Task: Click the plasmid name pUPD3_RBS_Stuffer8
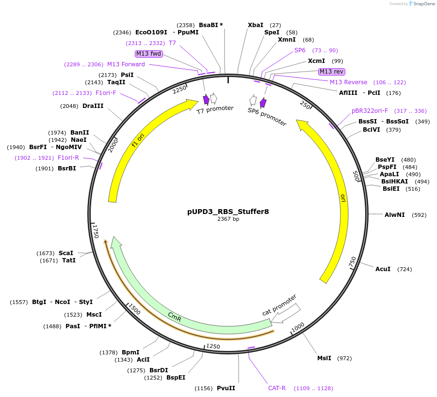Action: (x=228, y=212)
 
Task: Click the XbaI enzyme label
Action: (x=256, y=25)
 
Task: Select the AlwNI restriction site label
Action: (x=394, y=214)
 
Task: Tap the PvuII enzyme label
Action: (x=226, y=388)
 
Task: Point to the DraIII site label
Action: (x=93, y=106)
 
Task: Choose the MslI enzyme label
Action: (x=324, y=358)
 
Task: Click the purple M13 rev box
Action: (x=331, y=72)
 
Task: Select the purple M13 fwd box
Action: (x=149, y=54)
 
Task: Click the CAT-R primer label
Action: (x=277, y=388)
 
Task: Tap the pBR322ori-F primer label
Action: (x=370, y=111)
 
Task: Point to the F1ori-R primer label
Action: (x=68, y=158)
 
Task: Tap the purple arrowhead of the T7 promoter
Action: (x=206, y=100)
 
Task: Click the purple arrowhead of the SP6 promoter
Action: (x=263, y=103)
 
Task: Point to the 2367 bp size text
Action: (x=228, y=219)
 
